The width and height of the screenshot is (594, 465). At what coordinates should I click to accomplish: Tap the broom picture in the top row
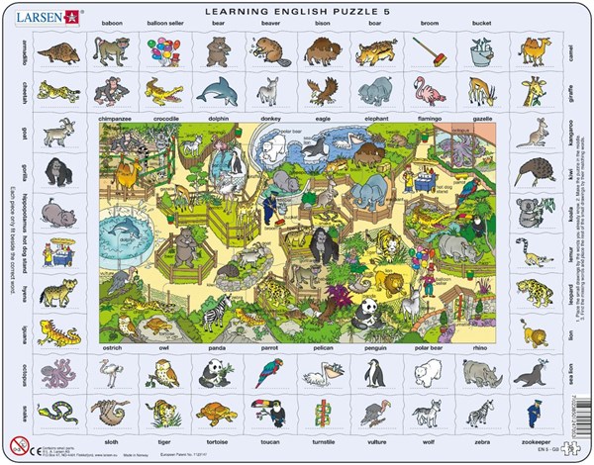(x=429, y=49)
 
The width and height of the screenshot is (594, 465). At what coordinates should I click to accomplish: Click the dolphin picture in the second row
(x=216, y=92)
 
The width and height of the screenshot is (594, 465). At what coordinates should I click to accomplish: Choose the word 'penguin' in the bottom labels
(x=374, y=350)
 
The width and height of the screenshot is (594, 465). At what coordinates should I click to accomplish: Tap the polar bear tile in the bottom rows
(x=428, y=372)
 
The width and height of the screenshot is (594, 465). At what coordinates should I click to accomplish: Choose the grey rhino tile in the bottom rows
(x=481, y=373)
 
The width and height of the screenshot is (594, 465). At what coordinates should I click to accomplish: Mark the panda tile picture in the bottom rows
(x=215, y=373)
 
